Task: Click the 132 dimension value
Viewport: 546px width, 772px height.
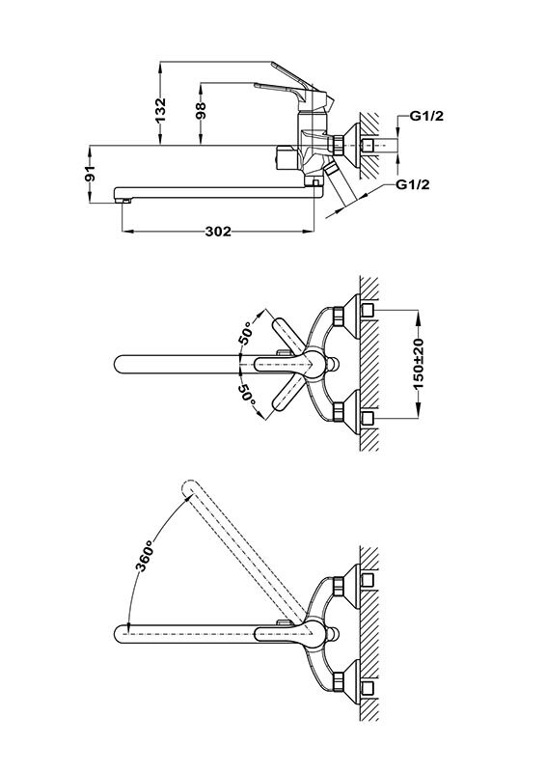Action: pyautogui.click(x=161, y=111)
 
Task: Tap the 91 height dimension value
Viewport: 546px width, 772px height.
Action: pyautogui.click(x=89, y=175)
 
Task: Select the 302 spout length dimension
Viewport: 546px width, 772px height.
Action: pyautogui.click(x=218, y=232)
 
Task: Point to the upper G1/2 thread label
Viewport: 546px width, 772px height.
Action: pyautogui.click(x=427, y=116)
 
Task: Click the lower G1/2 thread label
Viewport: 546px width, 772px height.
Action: pyautogui.click(x=413, y=184)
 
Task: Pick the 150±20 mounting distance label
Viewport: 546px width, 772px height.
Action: pyautogui.click(x=419, y=364)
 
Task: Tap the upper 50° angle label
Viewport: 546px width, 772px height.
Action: pyautogui.click(x=246, y=334)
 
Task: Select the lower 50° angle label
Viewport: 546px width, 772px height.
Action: pyautogui.click(x=248, y=395)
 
